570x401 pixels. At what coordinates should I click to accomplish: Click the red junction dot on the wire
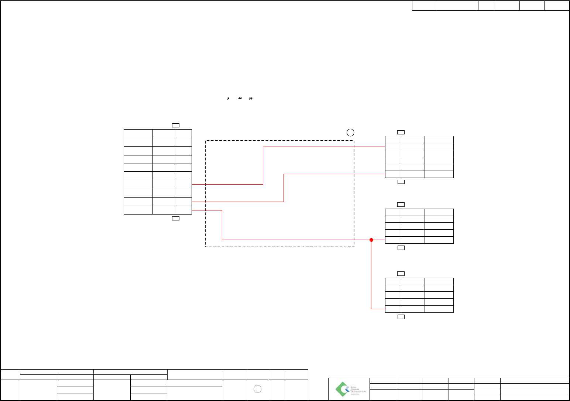(x=371, y=240)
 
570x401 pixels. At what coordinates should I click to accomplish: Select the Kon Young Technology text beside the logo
(x=358, y=389)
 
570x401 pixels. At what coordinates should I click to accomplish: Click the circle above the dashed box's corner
(x=350, y=133)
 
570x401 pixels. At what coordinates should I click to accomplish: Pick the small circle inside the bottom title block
(x=258, y=389)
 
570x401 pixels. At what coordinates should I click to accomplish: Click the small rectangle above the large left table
(x=176, y=126)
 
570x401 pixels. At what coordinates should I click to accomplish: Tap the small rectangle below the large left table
(x=176, y=218)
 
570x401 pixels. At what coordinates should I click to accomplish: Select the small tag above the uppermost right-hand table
(x=401, y=132)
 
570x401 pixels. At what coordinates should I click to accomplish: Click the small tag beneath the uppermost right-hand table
(x=401, y=182)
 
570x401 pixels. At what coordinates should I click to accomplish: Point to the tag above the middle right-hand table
(x=401, y=205)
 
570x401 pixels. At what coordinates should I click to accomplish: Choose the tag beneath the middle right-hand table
(x=401, y=248)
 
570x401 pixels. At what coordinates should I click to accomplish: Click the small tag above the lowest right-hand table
(x=401, y=274)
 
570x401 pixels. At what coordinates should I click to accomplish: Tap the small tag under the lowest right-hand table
(x=401, y=317)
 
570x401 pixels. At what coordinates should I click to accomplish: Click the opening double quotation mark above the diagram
(x=240, y=99)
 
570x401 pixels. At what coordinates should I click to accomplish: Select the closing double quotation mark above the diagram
(x=251, y=99)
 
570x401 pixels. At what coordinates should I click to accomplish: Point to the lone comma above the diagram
(x=229, y=99)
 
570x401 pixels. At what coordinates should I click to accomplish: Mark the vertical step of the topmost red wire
(x=263, y=165)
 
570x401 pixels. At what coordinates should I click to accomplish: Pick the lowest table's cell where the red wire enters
(x=393, y=309)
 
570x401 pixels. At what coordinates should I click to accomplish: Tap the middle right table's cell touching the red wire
(x=393, y=240)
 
